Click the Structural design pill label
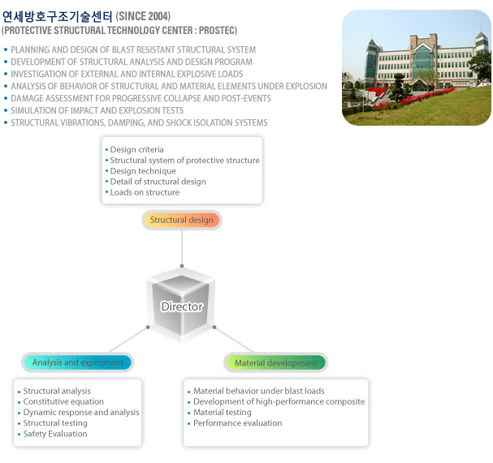(x=182, y=220)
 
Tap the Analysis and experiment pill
(x=78, y=362)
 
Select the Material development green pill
(x=276, y=362)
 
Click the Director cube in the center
(x=181, y=306)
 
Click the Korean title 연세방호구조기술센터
(x=57, y=17)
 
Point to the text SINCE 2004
(x=143, y=16)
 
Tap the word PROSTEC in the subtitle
(x=217, y=31)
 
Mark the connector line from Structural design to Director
(x=182, y=248)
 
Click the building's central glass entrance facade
(x=422, y=61)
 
